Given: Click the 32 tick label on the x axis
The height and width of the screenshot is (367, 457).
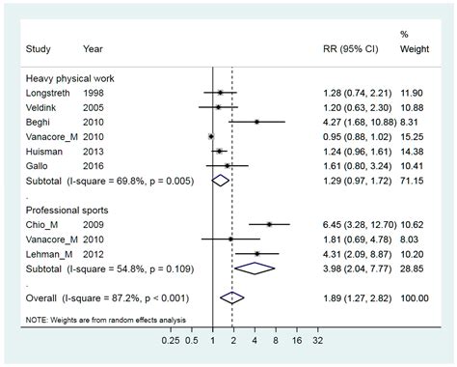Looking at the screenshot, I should click(317, 339).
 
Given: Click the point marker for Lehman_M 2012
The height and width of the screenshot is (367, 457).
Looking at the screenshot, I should click(256, 253).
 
